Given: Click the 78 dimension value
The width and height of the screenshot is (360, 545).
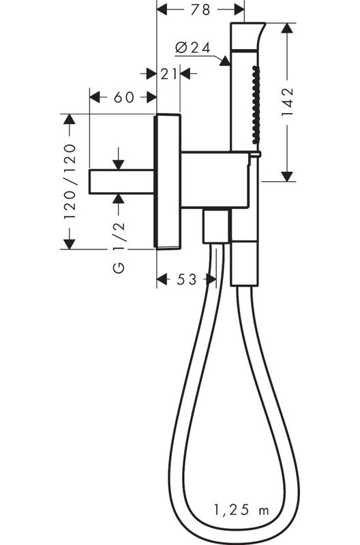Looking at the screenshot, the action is point(200,10).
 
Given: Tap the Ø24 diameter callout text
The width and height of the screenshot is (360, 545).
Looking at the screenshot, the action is point(193,47).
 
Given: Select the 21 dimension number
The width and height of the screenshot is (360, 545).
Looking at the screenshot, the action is point(168,74).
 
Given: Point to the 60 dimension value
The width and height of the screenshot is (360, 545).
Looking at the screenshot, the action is point(124,97).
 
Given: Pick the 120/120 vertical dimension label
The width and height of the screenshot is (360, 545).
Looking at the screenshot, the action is point(70,181).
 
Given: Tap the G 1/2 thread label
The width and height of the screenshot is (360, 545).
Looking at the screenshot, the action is point(119,247).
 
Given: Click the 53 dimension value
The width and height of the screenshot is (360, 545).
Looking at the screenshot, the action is point(186,279).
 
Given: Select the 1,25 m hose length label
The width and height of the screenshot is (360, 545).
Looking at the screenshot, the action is point(241,510).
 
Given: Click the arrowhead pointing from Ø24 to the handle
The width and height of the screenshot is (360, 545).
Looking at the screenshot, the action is point(225,61).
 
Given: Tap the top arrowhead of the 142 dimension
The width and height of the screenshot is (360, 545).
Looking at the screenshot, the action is point(286,28).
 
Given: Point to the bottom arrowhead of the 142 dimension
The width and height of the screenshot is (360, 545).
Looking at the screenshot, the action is point(286,176).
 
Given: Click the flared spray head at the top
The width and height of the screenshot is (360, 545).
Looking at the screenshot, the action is point(247,35).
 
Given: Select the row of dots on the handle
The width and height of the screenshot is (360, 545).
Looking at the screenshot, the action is point(256,105).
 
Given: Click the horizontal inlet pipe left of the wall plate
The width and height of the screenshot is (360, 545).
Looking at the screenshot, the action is point(122,181).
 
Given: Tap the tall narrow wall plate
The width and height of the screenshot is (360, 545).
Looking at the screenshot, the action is point(167,181).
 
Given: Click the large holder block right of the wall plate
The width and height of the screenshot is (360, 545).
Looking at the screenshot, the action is point(215,180).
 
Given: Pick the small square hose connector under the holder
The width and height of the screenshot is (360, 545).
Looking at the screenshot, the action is point(216,226).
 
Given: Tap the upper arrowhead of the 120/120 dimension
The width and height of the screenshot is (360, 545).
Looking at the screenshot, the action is point(70,119).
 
